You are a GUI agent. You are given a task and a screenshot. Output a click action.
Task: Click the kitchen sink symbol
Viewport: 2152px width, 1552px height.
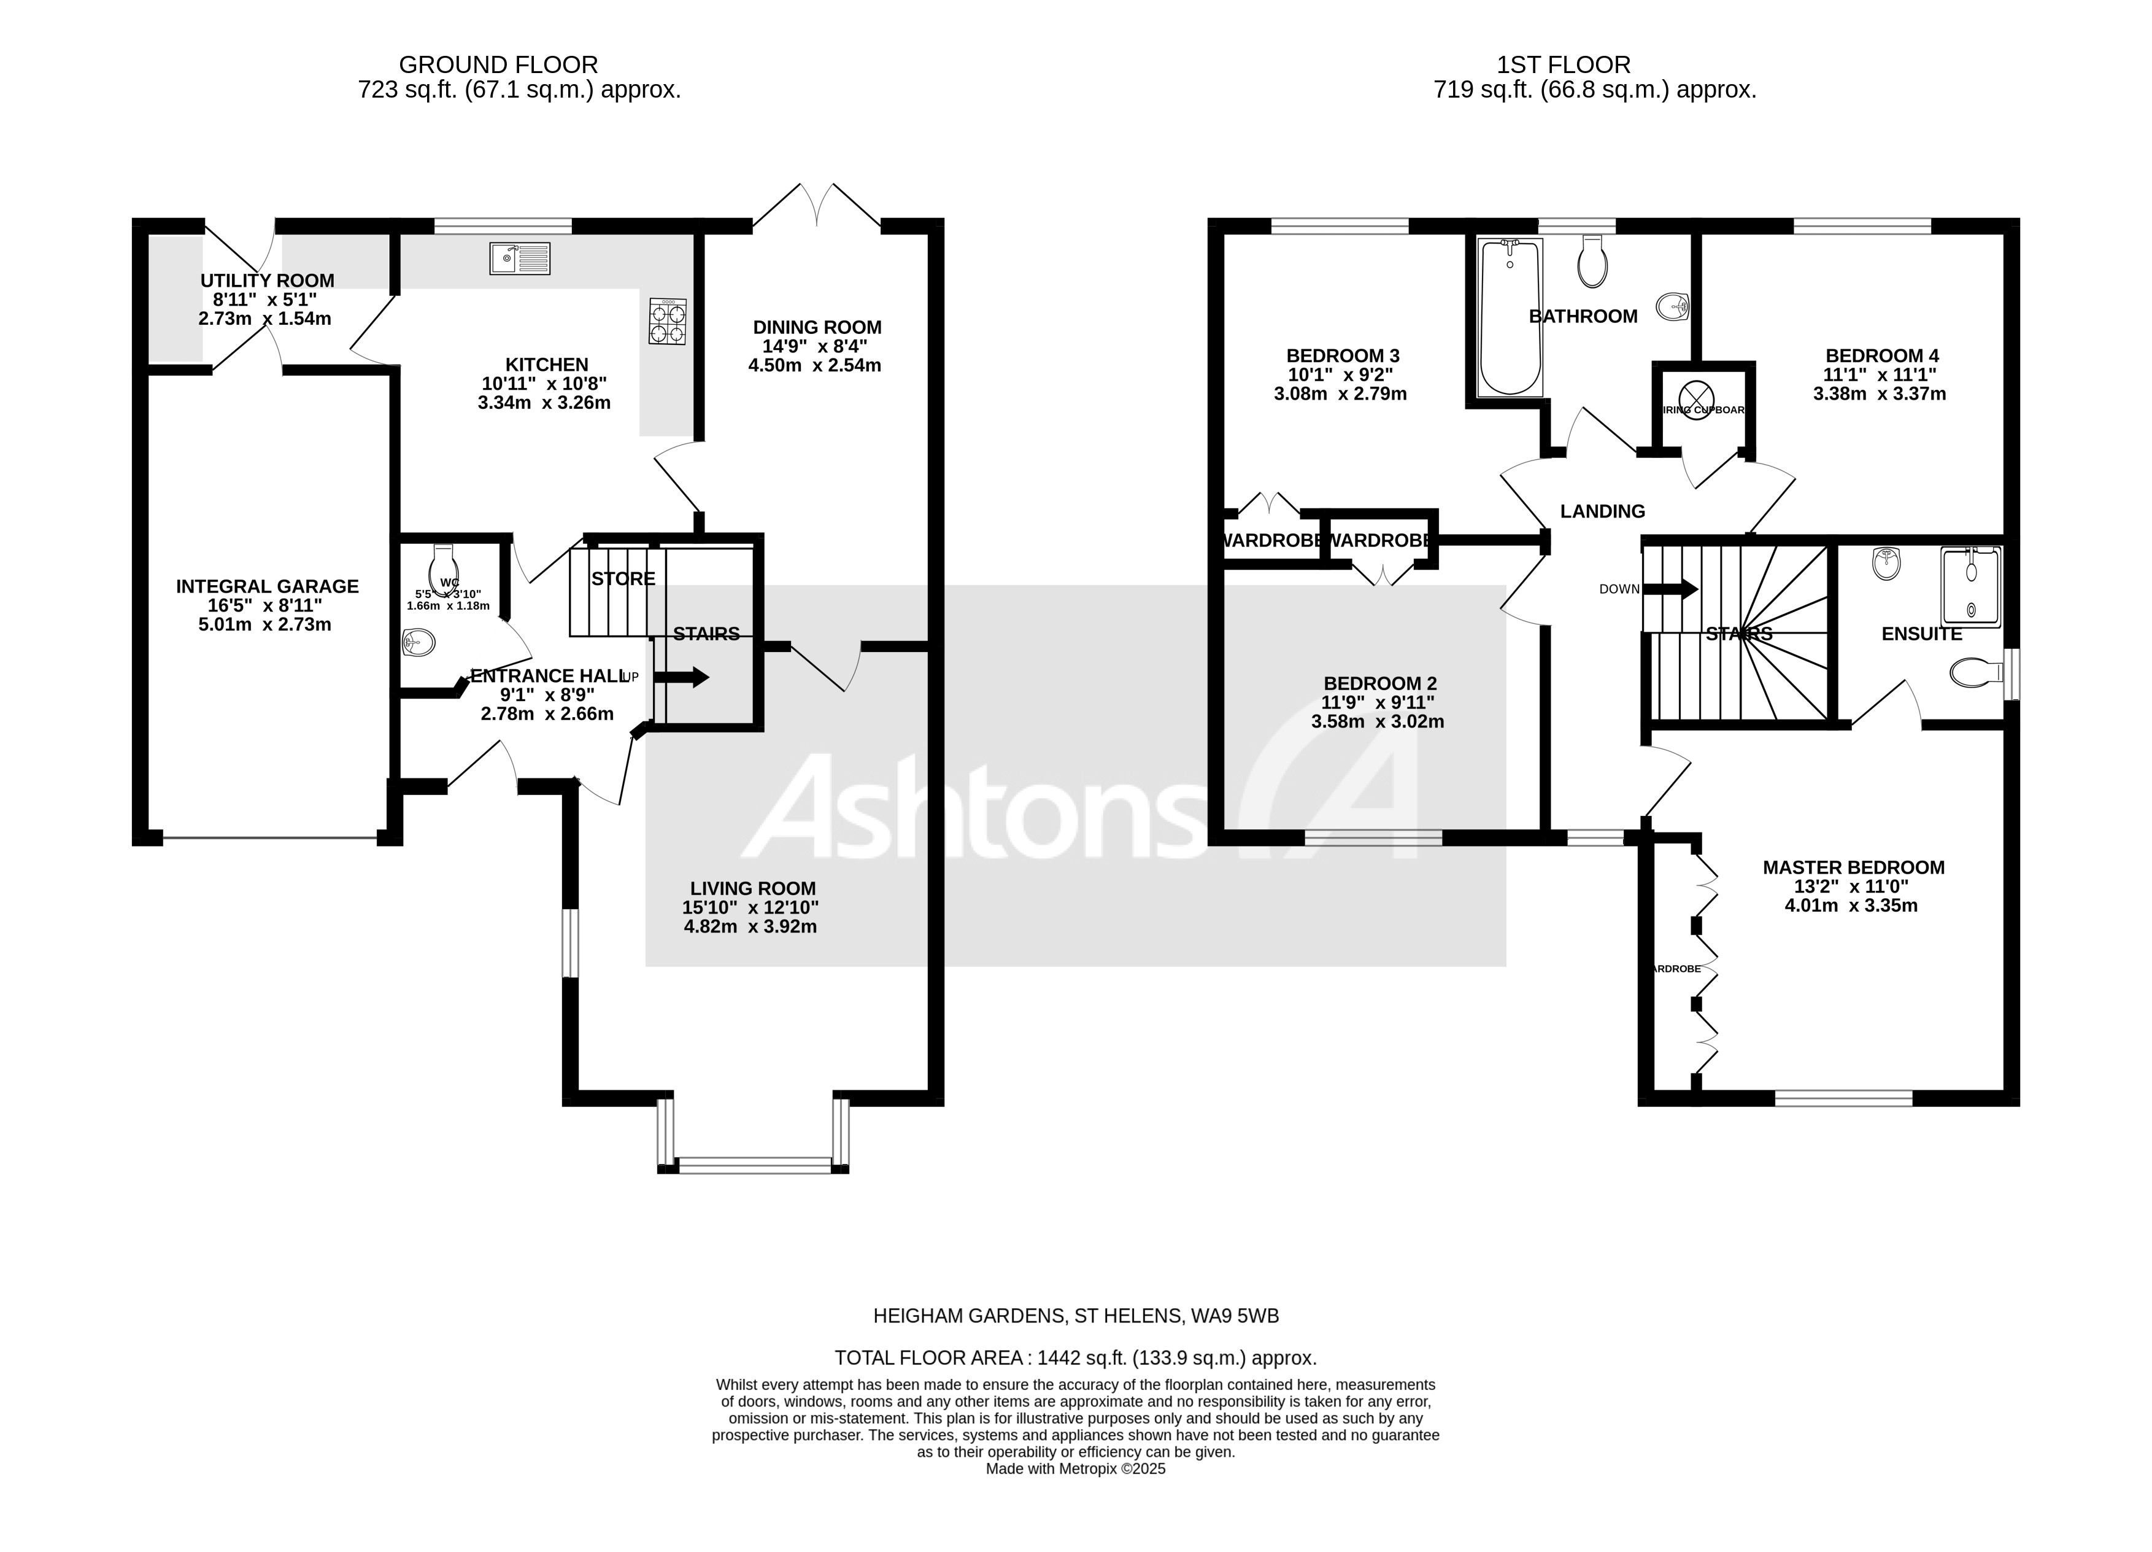pos(519,258)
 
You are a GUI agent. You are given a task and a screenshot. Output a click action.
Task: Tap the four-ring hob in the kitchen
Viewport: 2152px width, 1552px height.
pos(667,321)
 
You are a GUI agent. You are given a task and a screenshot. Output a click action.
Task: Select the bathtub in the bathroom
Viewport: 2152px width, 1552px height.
pos(1510,316)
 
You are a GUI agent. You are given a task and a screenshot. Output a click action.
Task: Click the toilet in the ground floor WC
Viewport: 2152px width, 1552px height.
pos(443,568)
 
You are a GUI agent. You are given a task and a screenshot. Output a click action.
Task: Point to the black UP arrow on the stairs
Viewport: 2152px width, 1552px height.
pos(681,677)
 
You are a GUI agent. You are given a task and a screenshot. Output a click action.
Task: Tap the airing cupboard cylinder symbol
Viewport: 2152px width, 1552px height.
pos(1697,395)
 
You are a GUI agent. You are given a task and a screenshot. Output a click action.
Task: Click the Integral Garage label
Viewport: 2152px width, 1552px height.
pos(268,587)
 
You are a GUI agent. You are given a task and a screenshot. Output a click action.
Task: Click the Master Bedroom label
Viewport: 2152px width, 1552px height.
pos(1853,867)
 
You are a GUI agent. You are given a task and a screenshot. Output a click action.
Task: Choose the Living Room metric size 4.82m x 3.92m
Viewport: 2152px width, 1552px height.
pos(750,926)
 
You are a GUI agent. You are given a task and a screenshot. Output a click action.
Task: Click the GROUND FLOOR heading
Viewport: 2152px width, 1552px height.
pos(498,64)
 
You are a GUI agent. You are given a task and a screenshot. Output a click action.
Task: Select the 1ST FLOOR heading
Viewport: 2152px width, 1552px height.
pos(1563,64)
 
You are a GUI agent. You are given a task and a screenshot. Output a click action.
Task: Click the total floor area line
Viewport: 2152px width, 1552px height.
pos(1075,1357)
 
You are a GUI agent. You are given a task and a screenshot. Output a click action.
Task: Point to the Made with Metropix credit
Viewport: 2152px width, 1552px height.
pos(1075,1469)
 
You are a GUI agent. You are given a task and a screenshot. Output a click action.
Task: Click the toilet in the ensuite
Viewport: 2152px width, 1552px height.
pos(1970,673)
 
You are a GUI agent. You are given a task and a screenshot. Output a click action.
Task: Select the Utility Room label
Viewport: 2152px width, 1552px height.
pos(268,281)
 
